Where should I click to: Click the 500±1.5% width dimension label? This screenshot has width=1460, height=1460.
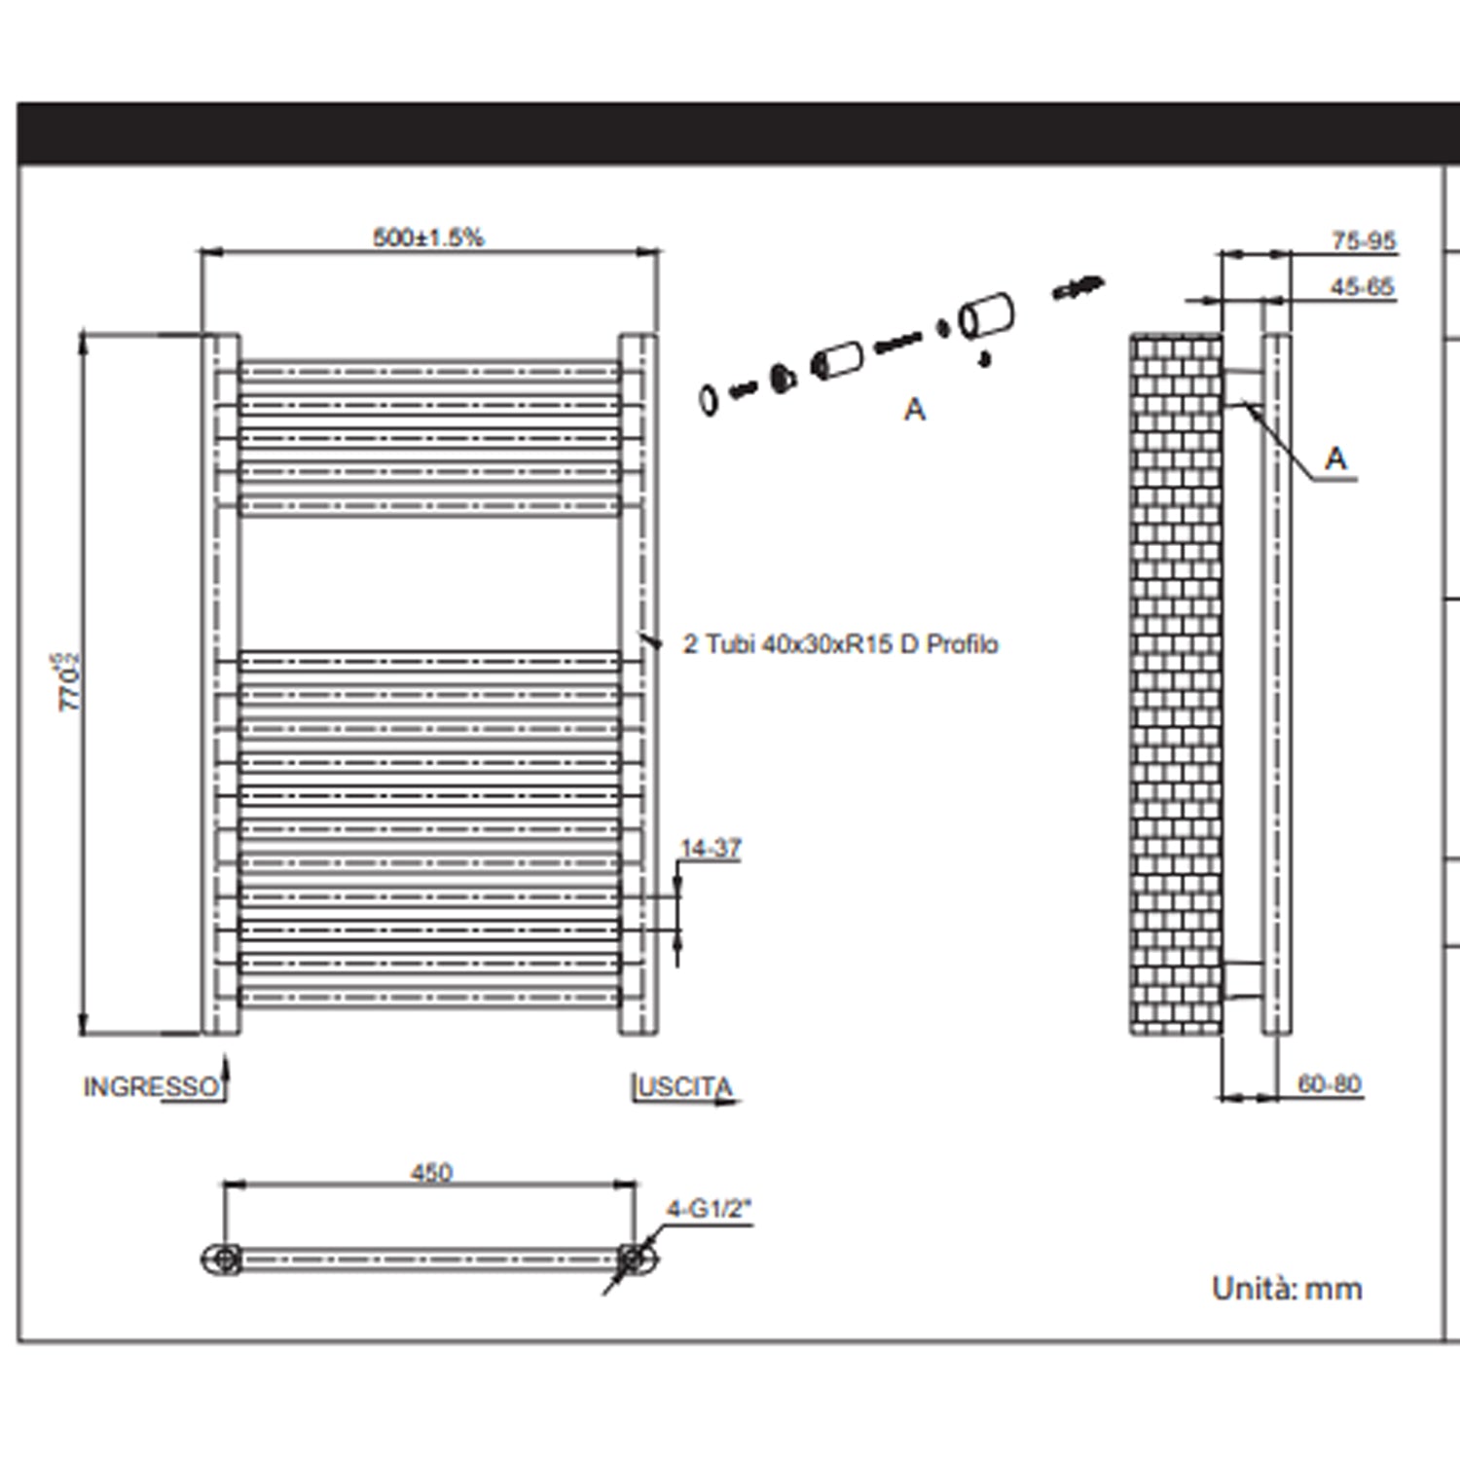(428, 237)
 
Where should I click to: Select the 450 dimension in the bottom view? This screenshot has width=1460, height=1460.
(431, 1173)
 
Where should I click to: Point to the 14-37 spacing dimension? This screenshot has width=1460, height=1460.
(711, 849)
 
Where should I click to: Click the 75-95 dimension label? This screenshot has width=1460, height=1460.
(1363, 240)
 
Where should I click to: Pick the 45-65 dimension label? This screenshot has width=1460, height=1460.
(1362, 287)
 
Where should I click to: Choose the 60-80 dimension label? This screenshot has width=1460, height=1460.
(1329, 1084)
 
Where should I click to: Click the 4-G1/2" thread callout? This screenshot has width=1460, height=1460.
(709, 1210)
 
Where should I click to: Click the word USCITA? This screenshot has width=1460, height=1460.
(684, 1087)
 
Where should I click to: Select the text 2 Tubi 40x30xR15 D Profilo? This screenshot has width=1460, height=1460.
(841, 644)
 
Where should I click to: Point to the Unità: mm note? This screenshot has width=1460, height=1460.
(1287, 1289)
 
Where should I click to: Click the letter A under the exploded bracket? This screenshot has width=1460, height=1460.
(914, 410)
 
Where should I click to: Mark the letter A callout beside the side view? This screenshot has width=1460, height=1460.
(1336, 457)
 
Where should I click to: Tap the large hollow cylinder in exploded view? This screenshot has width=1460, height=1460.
(987, 316)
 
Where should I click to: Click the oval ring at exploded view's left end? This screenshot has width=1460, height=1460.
(709, 399)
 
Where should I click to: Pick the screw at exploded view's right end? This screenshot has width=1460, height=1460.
(1078, 287)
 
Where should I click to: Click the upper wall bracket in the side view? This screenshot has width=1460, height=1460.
(1242, 385)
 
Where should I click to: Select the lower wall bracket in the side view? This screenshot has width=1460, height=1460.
(1242, 979)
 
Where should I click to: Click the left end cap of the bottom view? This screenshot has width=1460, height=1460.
(222, 1259)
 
